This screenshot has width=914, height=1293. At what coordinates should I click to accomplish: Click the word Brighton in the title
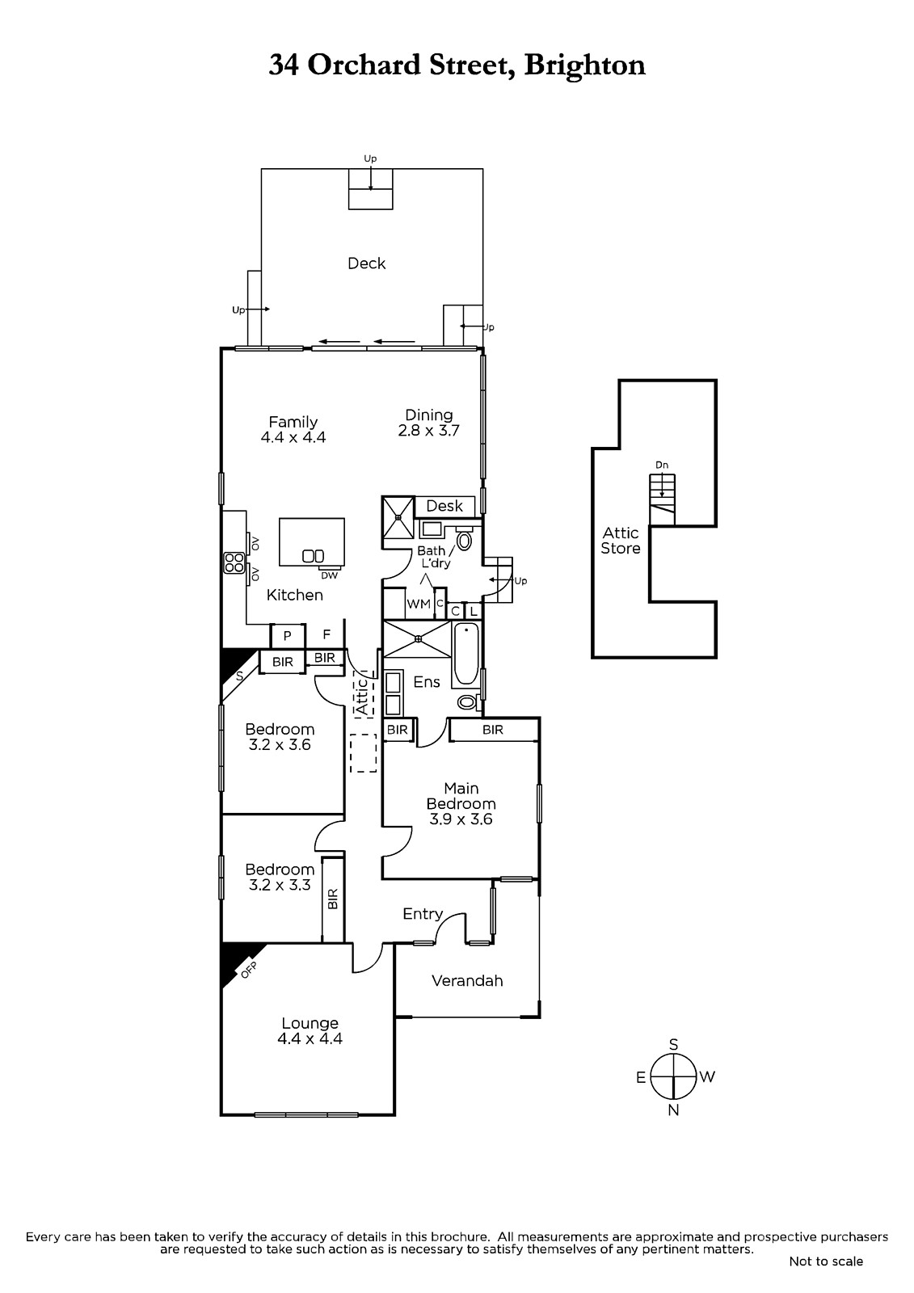(584, 65)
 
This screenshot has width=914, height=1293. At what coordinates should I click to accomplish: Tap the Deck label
(367, 263)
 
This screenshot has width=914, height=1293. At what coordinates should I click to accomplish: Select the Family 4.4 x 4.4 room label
(293, 429)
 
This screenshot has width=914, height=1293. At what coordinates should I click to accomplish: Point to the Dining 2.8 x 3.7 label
(428, 423)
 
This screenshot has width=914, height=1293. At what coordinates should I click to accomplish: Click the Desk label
(444, 506)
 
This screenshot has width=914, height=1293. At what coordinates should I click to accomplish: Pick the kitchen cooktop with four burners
(234, 562)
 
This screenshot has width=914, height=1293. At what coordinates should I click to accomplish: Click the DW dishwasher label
(330, 575)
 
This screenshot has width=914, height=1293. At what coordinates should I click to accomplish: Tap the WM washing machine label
(419, 604)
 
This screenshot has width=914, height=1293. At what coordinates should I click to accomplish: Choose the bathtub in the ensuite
(466, 655)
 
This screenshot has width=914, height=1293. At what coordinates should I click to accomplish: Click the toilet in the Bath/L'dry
(464, 538)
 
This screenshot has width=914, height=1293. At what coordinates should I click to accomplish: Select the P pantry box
(288, 635)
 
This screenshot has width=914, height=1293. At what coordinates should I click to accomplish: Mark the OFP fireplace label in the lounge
(249, 971)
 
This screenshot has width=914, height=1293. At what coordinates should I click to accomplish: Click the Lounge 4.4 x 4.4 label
(310, 1031)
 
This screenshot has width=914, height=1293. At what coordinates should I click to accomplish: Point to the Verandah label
(467, 981)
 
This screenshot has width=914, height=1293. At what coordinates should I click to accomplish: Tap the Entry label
(423, 914)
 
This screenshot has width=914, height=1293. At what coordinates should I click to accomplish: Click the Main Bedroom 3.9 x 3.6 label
(461, 803)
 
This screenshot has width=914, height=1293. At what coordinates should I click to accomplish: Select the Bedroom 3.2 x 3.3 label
(280, 877)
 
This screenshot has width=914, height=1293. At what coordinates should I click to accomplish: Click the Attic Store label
(621, 541)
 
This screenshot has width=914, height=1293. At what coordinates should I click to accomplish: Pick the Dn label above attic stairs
(662, 465)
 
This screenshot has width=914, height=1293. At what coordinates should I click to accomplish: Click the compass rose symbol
(673, 1076)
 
